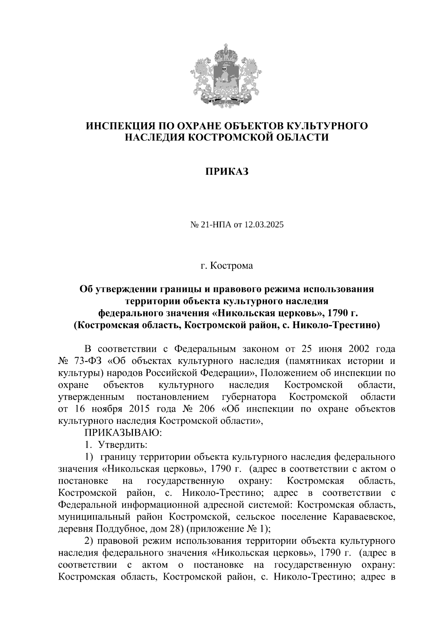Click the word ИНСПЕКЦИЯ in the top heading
click(119, 126)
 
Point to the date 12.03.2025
click(263, 225)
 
